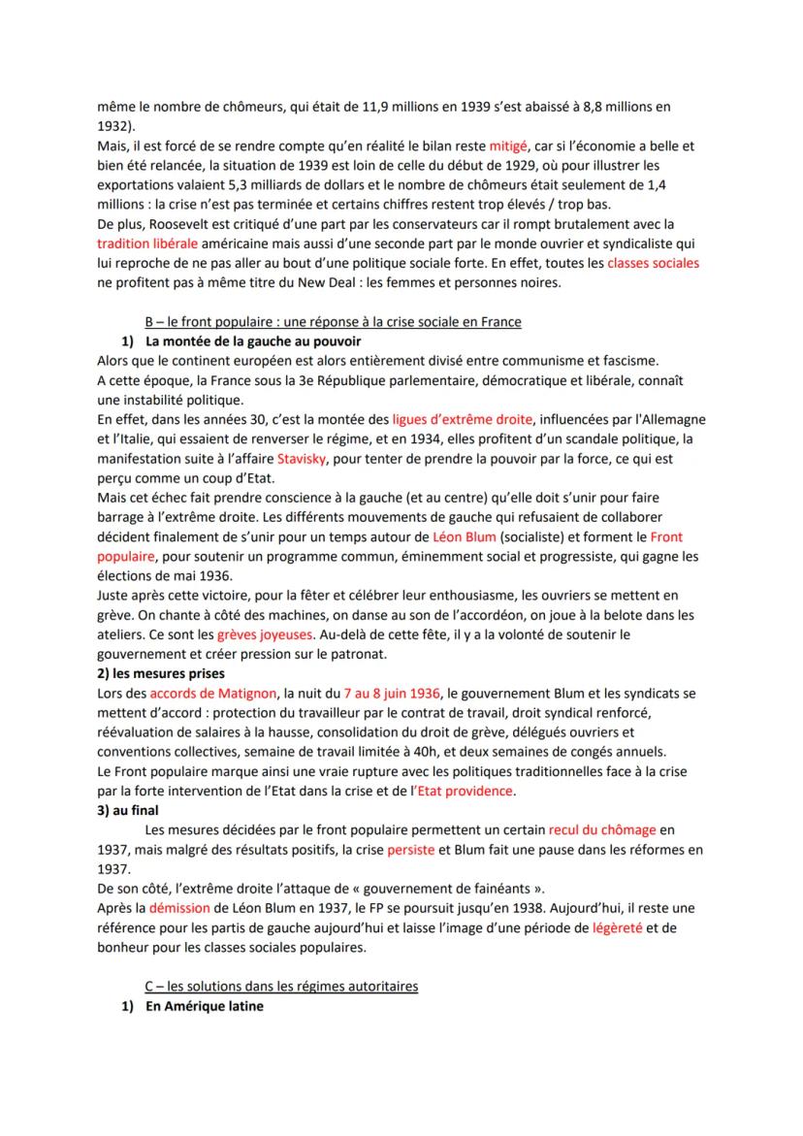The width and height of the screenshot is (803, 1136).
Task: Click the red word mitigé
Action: [535, 146]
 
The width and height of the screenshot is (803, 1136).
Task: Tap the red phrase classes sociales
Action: [653, 263]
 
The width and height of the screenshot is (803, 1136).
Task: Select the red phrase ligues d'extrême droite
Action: [463, 419]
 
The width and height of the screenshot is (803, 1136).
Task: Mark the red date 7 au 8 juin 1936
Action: [391, 693]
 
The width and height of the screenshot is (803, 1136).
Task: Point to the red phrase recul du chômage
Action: [602, 830]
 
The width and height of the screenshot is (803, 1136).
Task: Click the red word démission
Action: [183, 908]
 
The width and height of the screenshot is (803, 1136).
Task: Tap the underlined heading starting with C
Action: [281, 987]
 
